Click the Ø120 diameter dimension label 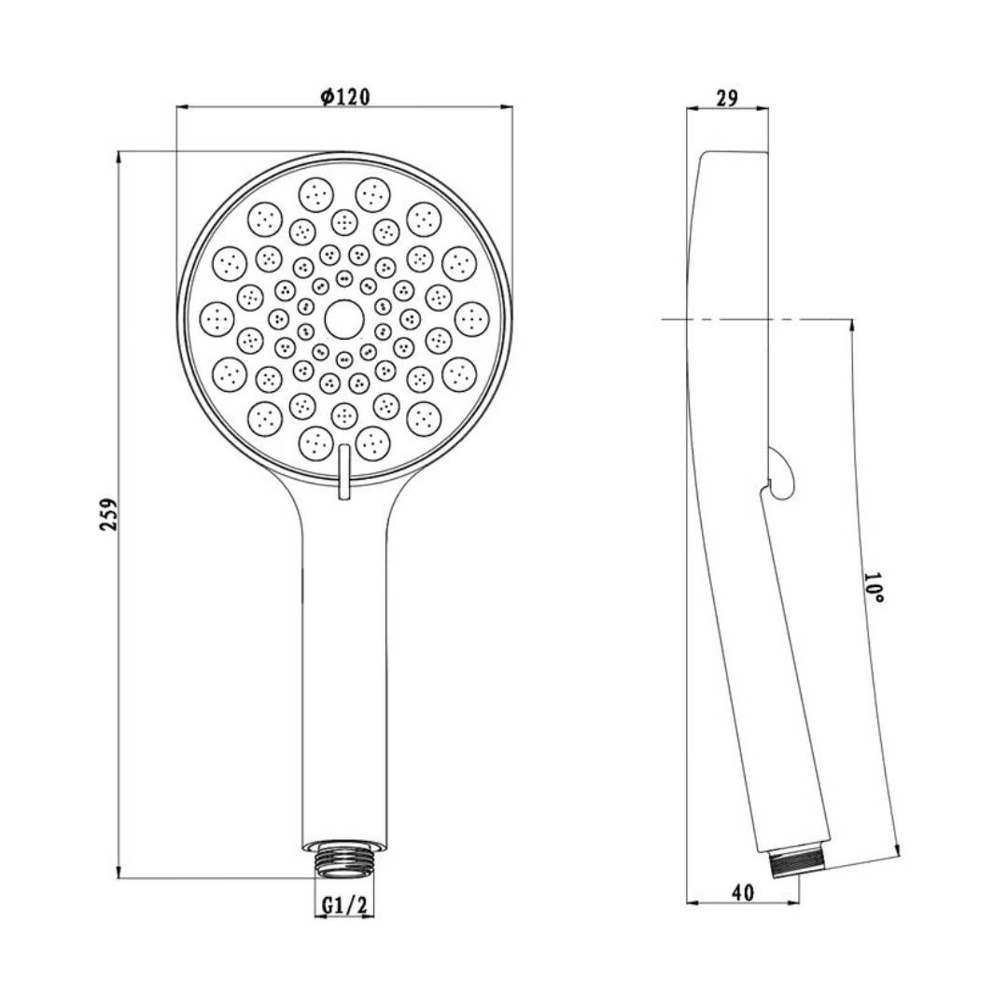click(x=345, y=97)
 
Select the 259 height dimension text click(x=110, y=513)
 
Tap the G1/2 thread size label click(x=343, y=905)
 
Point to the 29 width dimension click(x=726, y=98)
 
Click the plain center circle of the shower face click(x=343, y=319)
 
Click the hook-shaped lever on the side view click(x=781, y=474)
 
